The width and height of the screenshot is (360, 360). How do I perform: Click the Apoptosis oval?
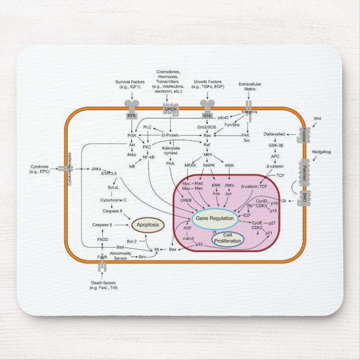point(148,225)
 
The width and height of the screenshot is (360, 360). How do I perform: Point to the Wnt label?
point(318,119)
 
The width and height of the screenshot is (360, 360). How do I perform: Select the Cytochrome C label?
point(113,200)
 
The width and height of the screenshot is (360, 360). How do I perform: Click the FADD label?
point(103,239)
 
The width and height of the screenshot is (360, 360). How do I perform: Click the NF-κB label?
point(148,157)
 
